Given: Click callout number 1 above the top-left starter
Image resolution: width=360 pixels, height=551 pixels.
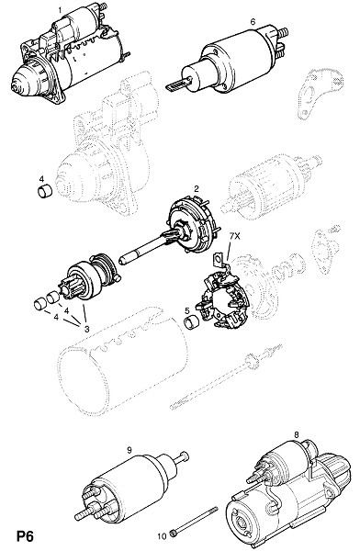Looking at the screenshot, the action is click(60, 10).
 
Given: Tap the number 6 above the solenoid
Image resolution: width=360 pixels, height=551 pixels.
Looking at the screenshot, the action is click(253, 22).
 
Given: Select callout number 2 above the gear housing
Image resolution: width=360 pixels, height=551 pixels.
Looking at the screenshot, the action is click(197, 188).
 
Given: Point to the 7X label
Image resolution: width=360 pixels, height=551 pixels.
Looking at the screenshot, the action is click(234, 237).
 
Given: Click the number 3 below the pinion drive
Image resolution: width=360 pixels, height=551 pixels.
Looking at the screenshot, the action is click(87, 330).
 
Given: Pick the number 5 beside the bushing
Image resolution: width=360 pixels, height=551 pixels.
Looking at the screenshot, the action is click(187, 310).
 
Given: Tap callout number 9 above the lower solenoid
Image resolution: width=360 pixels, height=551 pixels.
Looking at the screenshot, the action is click(129, 449).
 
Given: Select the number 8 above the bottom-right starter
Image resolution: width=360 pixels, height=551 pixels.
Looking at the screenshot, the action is click(297, 435).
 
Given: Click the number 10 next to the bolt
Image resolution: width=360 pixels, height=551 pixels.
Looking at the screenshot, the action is click(162, 536).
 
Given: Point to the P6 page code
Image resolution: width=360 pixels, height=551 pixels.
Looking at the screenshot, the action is click(25, 536).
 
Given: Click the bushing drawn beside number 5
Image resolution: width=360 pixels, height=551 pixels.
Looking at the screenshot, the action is click(192, 322).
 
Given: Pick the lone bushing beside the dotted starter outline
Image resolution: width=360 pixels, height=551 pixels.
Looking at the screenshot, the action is click(45, 191).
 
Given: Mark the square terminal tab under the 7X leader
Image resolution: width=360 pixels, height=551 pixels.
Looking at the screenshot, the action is click(219, 259).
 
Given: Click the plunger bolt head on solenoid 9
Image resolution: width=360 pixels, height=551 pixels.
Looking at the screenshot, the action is click(185, 456).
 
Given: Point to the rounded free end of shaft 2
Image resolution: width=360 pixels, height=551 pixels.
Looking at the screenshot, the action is click(123, 261).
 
